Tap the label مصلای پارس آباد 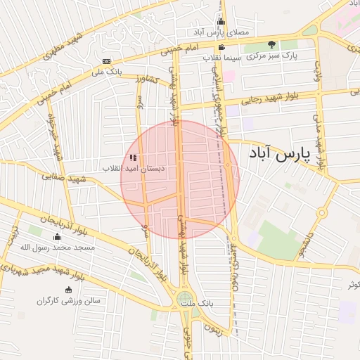click(x=220, y=32)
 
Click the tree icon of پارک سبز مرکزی click(x=271, y=45)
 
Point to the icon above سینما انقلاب click(x=222, y=47)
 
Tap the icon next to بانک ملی click(x=105, y=61)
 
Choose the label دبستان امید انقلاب click(x=134, y=169)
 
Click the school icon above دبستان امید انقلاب click(x=134, y=157)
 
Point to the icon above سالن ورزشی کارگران click(x=68, y=290)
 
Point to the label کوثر click(x=352, y=284)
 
